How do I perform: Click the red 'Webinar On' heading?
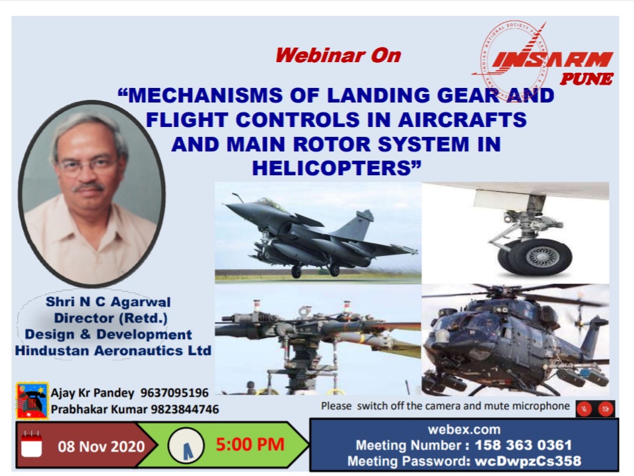click(338, 56)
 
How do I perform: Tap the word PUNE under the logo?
click(586, 79)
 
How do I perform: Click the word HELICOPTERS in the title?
click(332, 168)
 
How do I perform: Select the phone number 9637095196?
click(174, 393)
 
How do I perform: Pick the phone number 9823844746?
click(185, 409)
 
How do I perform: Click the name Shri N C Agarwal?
click(108, 302)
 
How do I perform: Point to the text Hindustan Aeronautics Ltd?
click(113, 350)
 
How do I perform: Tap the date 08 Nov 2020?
click(101, 446)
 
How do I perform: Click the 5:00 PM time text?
click(250, 444)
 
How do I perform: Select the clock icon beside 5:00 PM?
click(186, 446)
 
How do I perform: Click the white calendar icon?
click(32, 444)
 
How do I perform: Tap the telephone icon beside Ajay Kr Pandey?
click(32, 401)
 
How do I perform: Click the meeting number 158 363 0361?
click(523, 445)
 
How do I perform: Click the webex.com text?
click(464, 430)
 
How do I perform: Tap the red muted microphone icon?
click(584, 409)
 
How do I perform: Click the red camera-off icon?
click(606, 409)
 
